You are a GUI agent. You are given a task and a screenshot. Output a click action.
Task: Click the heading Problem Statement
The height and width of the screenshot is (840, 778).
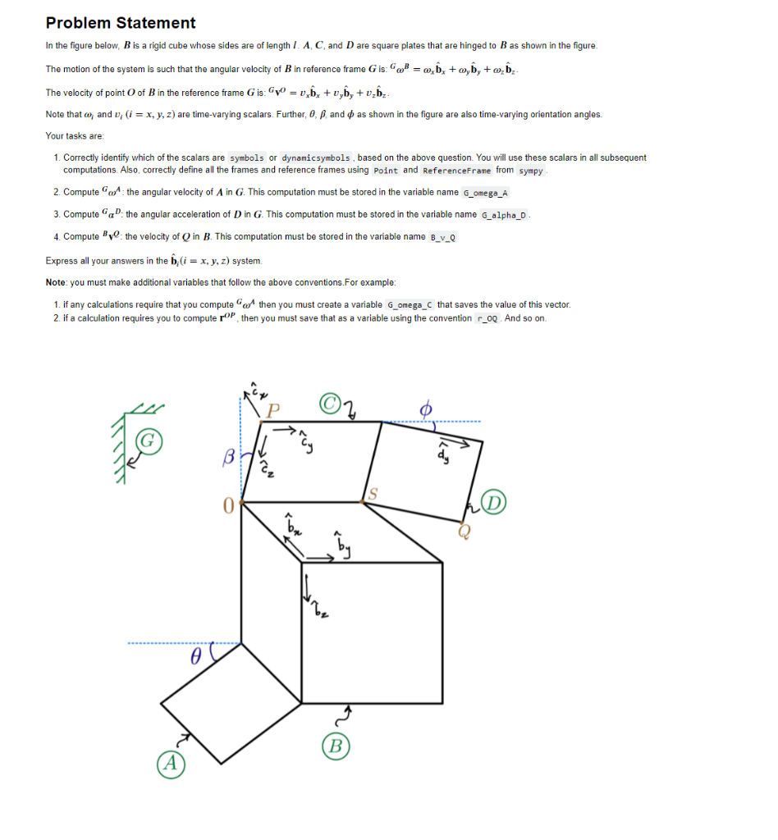pyautogui.click(x=121, y=23)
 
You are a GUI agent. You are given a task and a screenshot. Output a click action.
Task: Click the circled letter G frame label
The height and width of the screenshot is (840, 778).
pyautogui.click(x=148, y=441)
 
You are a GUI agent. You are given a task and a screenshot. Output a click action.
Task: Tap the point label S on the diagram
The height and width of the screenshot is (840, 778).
pyautogui.click(x=373, y=492)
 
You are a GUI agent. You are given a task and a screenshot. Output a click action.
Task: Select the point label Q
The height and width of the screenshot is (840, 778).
pyautogui.click(x=465, y=532)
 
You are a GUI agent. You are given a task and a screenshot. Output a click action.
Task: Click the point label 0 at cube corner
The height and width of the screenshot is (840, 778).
pyautogui.click(x=228, y=507)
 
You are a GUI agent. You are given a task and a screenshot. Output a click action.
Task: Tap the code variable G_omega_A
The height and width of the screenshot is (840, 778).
pyautogui.click(x=486, y=193)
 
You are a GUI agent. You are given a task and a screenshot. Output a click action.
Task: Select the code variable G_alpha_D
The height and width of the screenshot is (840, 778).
pyautogui.click(x=506, y=215)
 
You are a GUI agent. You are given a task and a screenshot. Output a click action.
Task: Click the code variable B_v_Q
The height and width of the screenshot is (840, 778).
pyautogui.click(x=443, y=237)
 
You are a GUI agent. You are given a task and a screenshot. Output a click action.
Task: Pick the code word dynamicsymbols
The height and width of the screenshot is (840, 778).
pyautogui.click(x=316, y=157)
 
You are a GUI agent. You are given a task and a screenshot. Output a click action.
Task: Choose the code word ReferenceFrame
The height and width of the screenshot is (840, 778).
pyautogui.click(x=456, y=171)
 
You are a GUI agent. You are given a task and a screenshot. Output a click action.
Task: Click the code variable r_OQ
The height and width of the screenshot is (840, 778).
pyautogui.click(x=487, y=318)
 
